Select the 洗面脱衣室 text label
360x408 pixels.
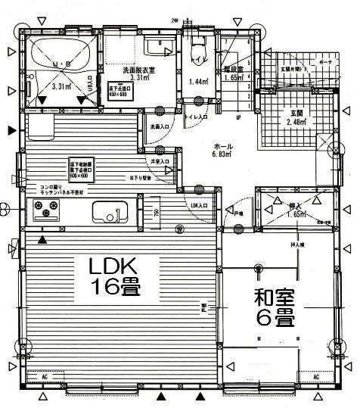click(x=139, y=70)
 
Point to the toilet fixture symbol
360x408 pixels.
click(x=197, y=50)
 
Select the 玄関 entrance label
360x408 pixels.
click(x=296, y=114)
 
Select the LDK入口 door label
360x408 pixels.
click(x=199, y=205)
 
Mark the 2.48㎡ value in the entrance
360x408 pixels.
click(x=296, y=123)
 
